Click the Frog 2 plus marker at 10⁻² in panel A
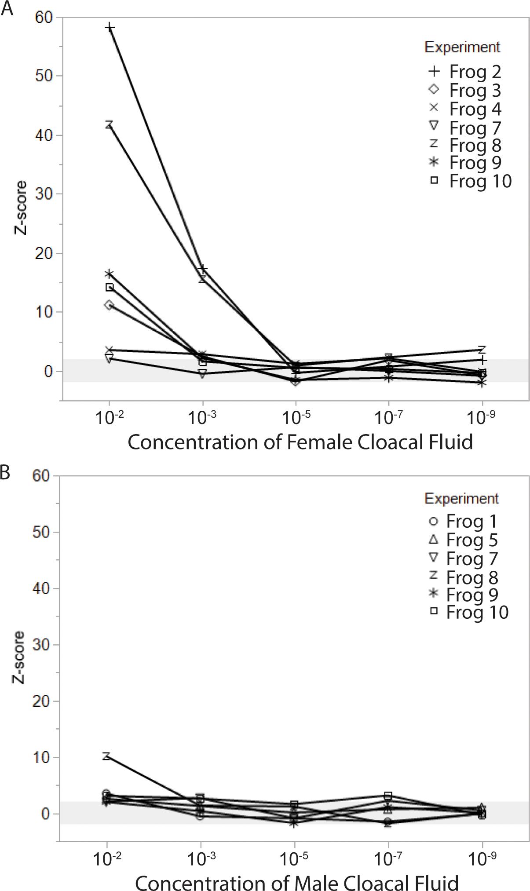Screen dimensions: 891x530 [x=110, y=27]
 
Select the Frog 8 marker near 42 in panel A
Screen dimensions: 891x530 [x=109, y=124]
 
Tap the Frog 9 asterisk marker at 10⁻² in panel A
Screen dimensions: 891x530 [x=109, y=274]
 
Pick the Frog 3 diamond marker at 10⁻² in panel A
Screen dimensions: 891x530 [x=109, y=305]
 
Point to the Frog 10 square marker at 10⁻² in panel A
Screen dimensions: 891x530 [x=110, y=287]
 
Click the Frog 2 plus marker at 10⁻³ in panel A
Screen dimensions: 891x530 [x=203, y=269]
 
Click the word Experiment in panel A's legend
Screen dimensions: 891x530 [x=462, y=47]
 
